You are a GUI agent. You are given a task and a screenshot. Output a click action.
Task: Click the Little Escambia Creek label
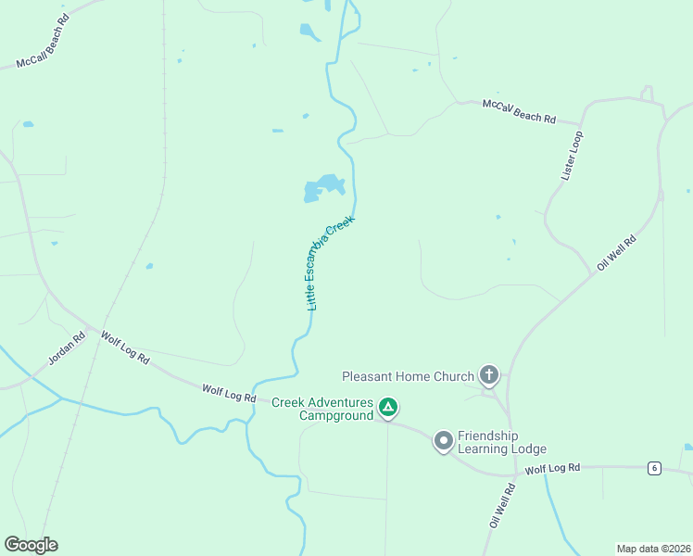tap(331, 263)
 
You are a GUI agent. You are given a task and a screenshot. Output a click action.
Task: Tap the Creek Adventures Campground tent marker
tap(389, 407)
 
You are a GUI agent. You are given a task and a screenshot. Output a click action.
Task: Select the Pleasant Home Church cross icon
tap(488, 375)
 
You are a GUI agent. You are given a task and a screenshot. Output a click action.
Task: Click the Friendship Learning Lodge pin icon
tap(444, 441)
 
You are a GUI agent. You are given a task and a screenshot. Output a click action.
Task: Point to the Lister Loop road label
tap(573, 155)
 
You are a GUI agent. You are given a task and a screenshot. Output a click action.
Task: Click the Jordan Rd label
tap(67, 347)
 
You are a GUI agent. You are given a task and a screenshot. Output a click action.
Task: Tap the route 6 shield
tap(654, 468)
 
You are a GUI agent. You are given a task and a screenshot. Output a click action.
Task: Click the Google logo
tap(31, 545)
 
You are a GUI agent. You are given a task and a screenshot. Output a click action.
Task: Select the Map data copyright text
tap(654, 549)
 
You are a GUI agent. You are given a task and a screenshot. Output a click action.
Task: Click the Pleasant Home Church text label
tap(408, 376)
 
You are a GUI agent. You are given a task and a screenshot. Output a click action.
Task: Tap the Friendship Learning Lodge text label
tap(501, 443)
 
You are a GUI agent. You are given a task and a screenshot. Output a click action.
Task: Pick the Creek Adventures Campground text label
tap(322, 409)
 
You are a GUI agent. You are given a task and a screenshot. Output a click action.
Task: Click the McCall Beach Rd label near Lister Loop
tap(519, 112)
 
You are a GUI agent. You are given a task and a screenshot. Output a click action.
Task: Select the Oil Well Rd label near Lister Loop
tap(617, 252)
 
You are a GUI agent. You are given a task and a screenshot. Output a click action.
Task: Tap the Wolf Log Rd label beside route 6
tap(551, 470)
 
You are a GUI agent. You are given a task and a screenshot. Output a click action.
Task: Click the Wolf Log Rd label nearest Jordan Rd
tap(125, 348)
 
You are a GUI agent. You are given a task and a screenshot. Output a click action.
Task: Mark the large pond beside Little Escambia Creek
tap(324, 187)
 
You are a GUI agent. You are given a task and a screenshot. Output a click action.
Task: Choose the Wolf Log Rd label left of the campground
tap(229, 394)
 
